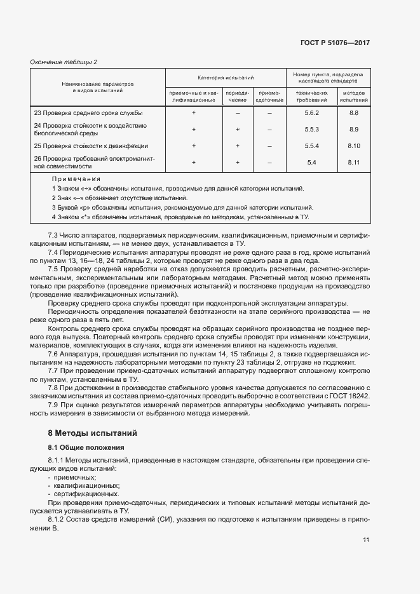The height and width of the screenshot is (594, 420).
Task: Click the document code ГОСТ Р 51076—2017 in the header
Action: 335,43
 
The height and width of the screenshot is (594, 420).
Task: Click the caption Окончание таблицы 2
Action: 64,62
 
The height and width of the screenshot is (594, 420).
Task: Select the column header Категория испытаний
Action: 226,77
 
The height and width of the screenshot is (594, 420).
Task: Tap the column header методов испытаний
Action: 354,96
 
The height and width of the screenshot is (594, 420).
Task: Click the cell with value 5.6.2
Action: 311,112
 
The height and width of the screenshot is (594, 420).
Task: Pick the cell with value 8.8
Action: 354,112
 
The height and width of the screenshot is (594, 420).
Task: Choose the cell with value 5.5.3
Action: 311,129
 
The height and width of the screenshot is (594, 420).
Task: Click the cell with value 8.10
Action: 354,145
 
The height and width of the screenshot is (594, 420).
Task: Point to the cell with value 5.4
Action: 311,162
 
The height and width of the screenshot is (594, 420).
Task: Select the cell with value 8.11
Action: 354,162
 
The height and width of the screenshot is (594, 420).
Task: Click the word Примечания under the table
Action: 76,180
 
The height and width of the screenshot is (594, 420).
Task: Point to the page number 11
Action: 366,539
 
